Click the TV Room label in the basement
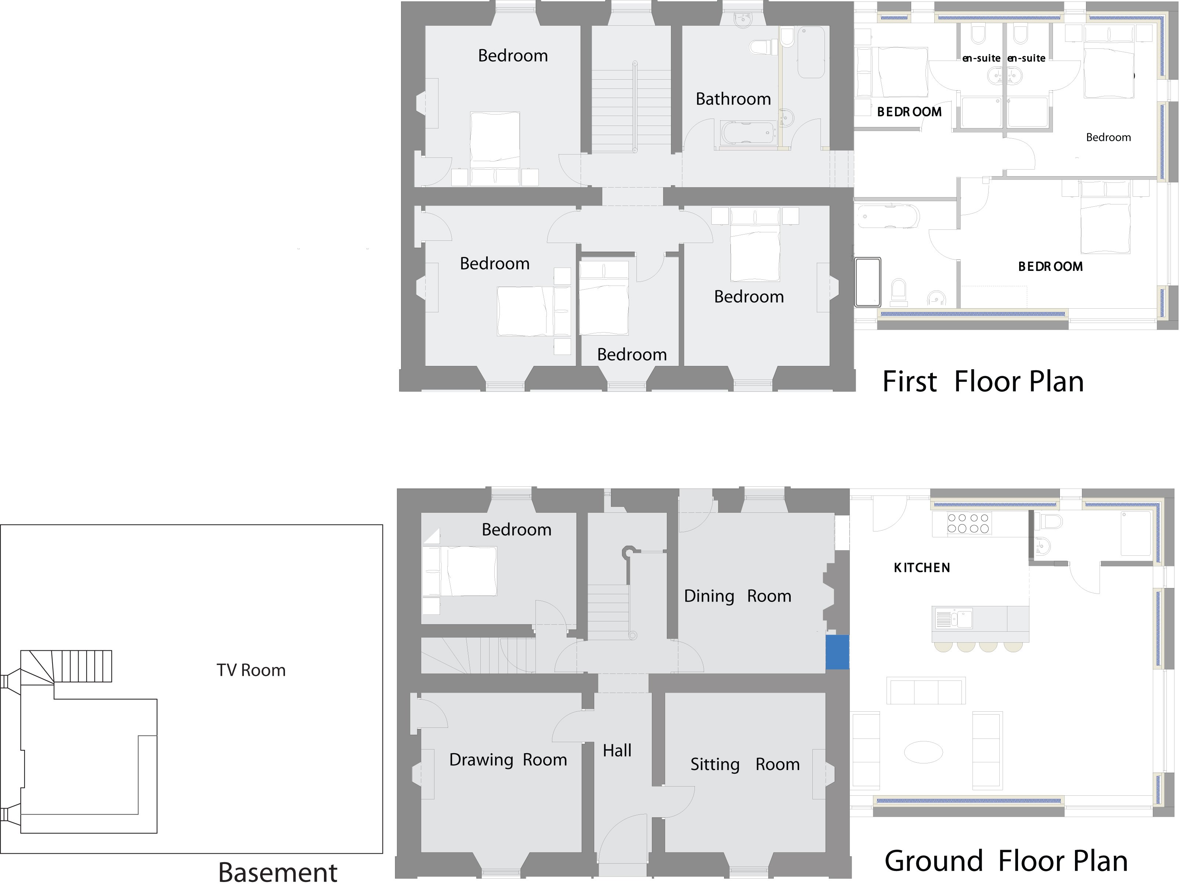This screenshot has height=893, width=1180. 251,670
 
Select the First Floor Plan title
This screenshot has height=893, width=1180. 983,382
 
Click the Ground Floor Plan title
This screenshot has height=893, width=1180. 1006,861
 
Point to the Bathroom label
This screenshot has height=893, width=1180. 733,99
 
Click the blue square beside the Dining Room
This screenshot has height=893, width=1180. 837,651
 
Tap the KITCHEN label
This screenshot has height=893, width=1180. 922,568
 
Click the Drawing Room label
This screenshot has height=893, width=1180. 508,760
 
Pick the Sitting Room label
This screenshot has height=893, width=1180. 745,765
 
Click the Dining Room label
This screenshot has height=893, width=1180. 737,596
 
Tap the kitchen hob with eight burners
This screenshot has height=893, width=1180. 968,523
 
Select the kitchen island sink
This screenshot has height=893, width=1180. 953,619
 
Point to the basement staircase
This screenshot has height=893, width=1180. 80,667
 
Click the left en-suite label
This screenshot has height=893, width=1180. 981,58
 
